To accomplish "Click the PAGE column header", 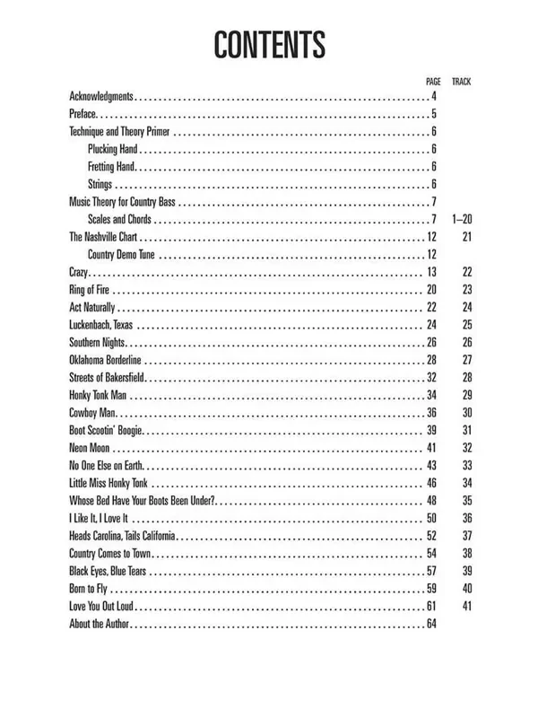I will [x=433, y=82].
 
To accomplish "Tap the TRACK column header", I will [x=462, y=82].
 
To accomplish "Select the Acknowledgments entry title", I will [x=101, y=96].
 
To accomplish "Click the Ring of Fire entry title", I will [x=90, y=289].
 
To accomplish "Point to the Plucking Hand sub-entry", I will [x=112, y=149].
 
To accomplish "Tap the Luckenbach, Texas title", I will [x=103, y=324].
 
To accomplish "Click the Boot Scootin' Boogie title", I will [x=106, y=430].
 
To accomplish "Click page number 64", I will [x=431, y=623].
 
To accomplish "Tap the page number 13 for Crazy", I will [x=431, y=272].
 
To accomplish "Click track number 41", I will [x=466, y=606].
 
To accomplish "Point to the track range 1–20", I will [x=463, y=219].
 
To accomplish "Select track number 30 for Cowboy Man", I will [x=466, y=412].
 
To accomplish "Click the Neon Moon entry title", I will [x=89, y=447].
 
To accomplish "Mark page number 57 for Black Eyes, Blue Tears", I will [x=431, y=571].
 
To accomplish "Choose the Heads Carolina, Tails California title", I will [x=122, y=535].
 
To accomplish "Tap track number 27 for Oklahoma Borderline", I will [x=466, y=360].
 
